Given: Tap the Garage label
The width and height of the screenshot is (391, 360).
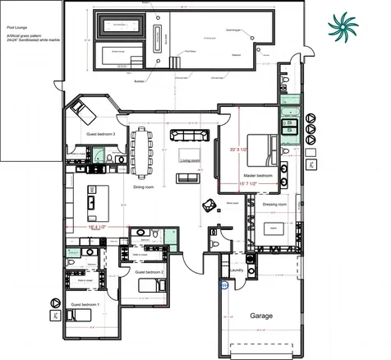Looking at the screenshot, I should (261, 316).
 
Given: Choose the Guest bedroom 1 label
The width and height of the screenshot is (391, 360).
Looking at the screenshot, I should (85, 304).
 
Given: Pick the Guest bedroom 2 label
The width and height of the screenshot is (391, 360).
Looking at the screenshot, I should (149, 271).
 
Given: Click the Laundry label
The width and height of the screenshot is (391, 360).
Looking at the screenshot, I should (237, 269).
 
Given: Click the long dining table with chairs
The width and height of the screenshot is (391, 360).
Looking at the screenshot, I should (143, 150).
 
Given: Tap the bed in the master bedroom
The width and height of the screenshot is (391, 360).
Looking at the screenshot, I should (263, 148).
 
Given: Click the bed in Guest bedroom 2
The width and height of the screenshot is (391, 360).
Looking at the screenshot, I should (151, 284).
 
